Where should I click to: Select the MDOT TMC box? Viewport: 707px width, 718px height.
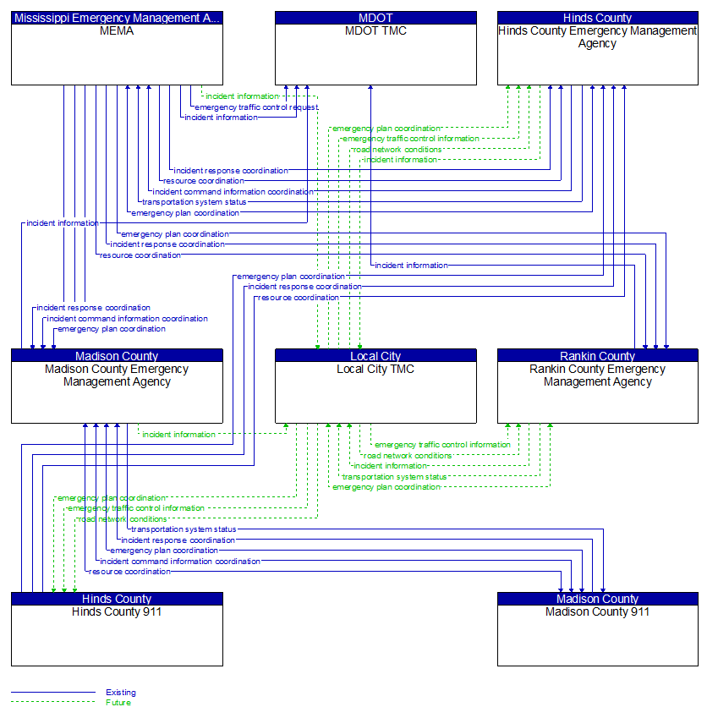pos(375,59)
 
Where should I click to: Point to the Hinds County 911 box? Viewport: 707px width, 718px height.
pos(117,639)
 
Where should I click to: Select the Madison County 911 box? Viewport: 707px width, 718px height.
pos(597,639)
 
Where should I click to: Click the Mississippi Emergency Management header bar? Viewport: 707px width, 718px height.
pos(117,17)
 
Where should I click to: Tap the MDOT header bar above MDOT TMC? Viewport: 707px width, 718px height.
pos(375,17)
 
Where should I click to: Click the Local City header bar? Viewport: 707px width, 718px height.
pos(375,356)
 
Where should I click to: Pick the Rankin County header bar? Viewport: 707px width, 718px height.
pos(597,356)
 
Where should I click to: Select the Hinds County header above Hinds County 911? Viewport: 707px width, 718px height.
pos(117,599)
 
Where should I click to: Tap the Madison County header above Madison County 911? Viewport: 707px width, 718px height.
pos(597,599)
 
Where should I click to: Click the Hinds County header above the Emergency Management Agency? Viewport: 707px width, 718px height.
pos(597,17)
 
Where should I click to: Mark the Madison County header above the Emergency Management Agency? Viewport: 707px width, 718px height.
pos(117,356)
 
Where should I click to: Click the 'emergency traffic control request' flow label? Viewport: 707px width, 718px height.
pos(256,107)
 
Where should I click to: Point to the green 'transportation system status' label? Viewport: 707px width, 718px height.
pos(394,477)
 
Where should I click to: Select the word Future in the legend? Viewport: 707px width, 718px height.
pos(118,703)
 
